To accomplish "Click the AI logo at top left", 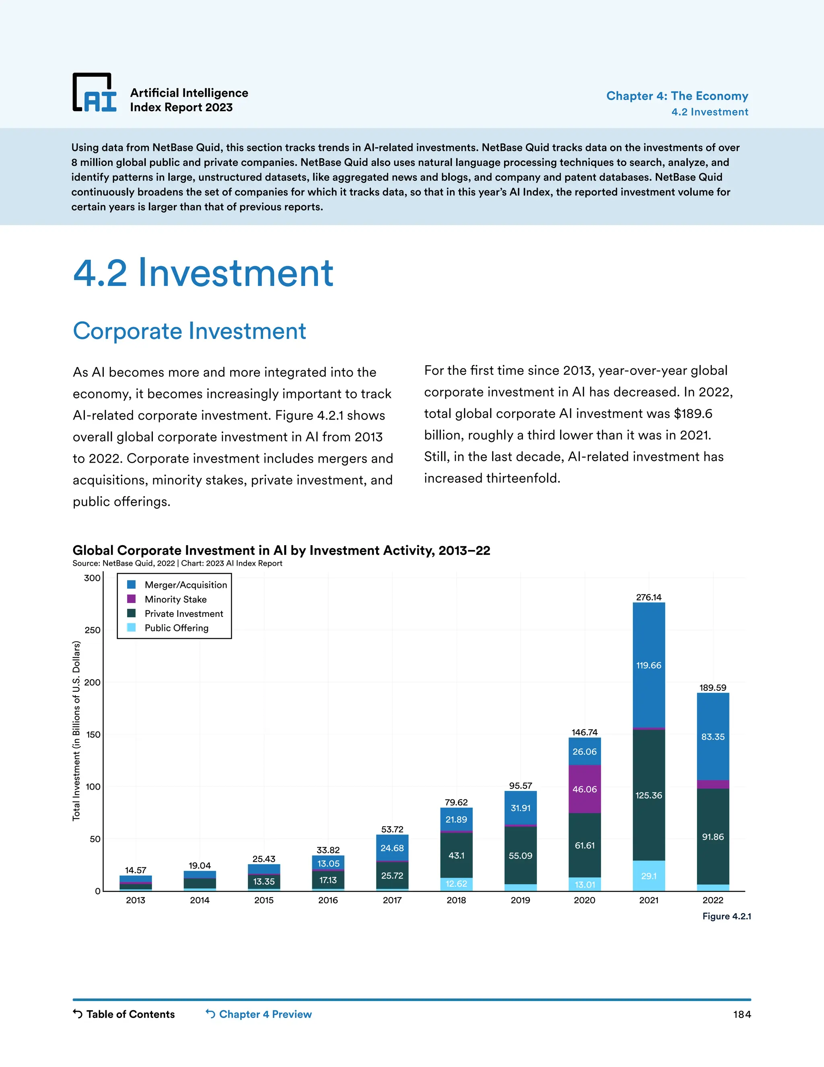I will coord(95,93).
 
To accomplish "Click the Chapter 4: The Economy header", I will coord(677,96).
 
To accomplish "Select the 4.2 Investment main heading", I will coord(203,273).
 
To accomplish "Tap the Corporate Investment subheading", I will coord(190,331).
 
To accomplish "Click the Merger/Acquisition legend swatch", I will coord(131,585).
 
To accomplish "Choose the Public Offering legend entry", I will coord(176,628).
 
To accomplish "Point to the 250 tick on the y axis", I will coord(92,630).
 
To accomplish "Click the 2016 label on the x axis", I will coord(328,900).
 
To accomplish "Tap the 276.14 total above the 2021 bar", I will coord(649,597).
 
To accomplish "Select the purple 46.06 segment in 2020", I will coord(584,789).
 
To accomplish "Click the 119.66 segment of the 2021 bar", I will coord(649,666).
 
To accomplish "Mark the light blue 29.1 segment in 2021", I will coord(649,876).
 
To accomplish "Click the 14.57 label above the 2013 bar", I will coord(135,870).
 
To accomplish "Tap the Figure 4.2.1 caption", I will coord(726,916).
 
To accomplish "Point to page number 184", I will coord(742,1015).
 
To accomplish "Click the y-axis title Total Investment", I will coord(76,731).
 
